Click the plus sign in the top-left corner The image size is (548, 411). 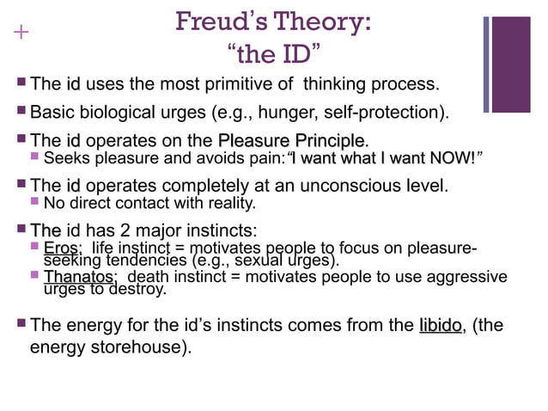point(20,33)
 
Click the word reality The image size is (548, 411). point(230,204)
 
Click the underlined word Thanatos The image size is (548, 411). point(79,278)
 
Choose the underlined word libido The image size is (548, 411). point(441,326)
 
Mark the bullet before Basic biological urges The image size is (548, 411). point(21,113)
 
